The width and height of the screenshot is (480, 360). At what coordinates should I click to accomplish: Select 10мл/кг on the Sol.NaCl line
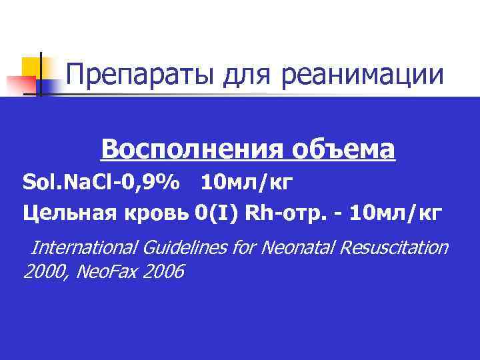coord(247,181)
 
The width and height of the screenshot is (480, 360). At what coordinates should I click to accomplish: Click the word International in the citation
coord(83,248)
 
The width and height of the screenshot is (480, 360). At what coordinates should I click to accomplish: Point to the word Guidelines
coord(183,248)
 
